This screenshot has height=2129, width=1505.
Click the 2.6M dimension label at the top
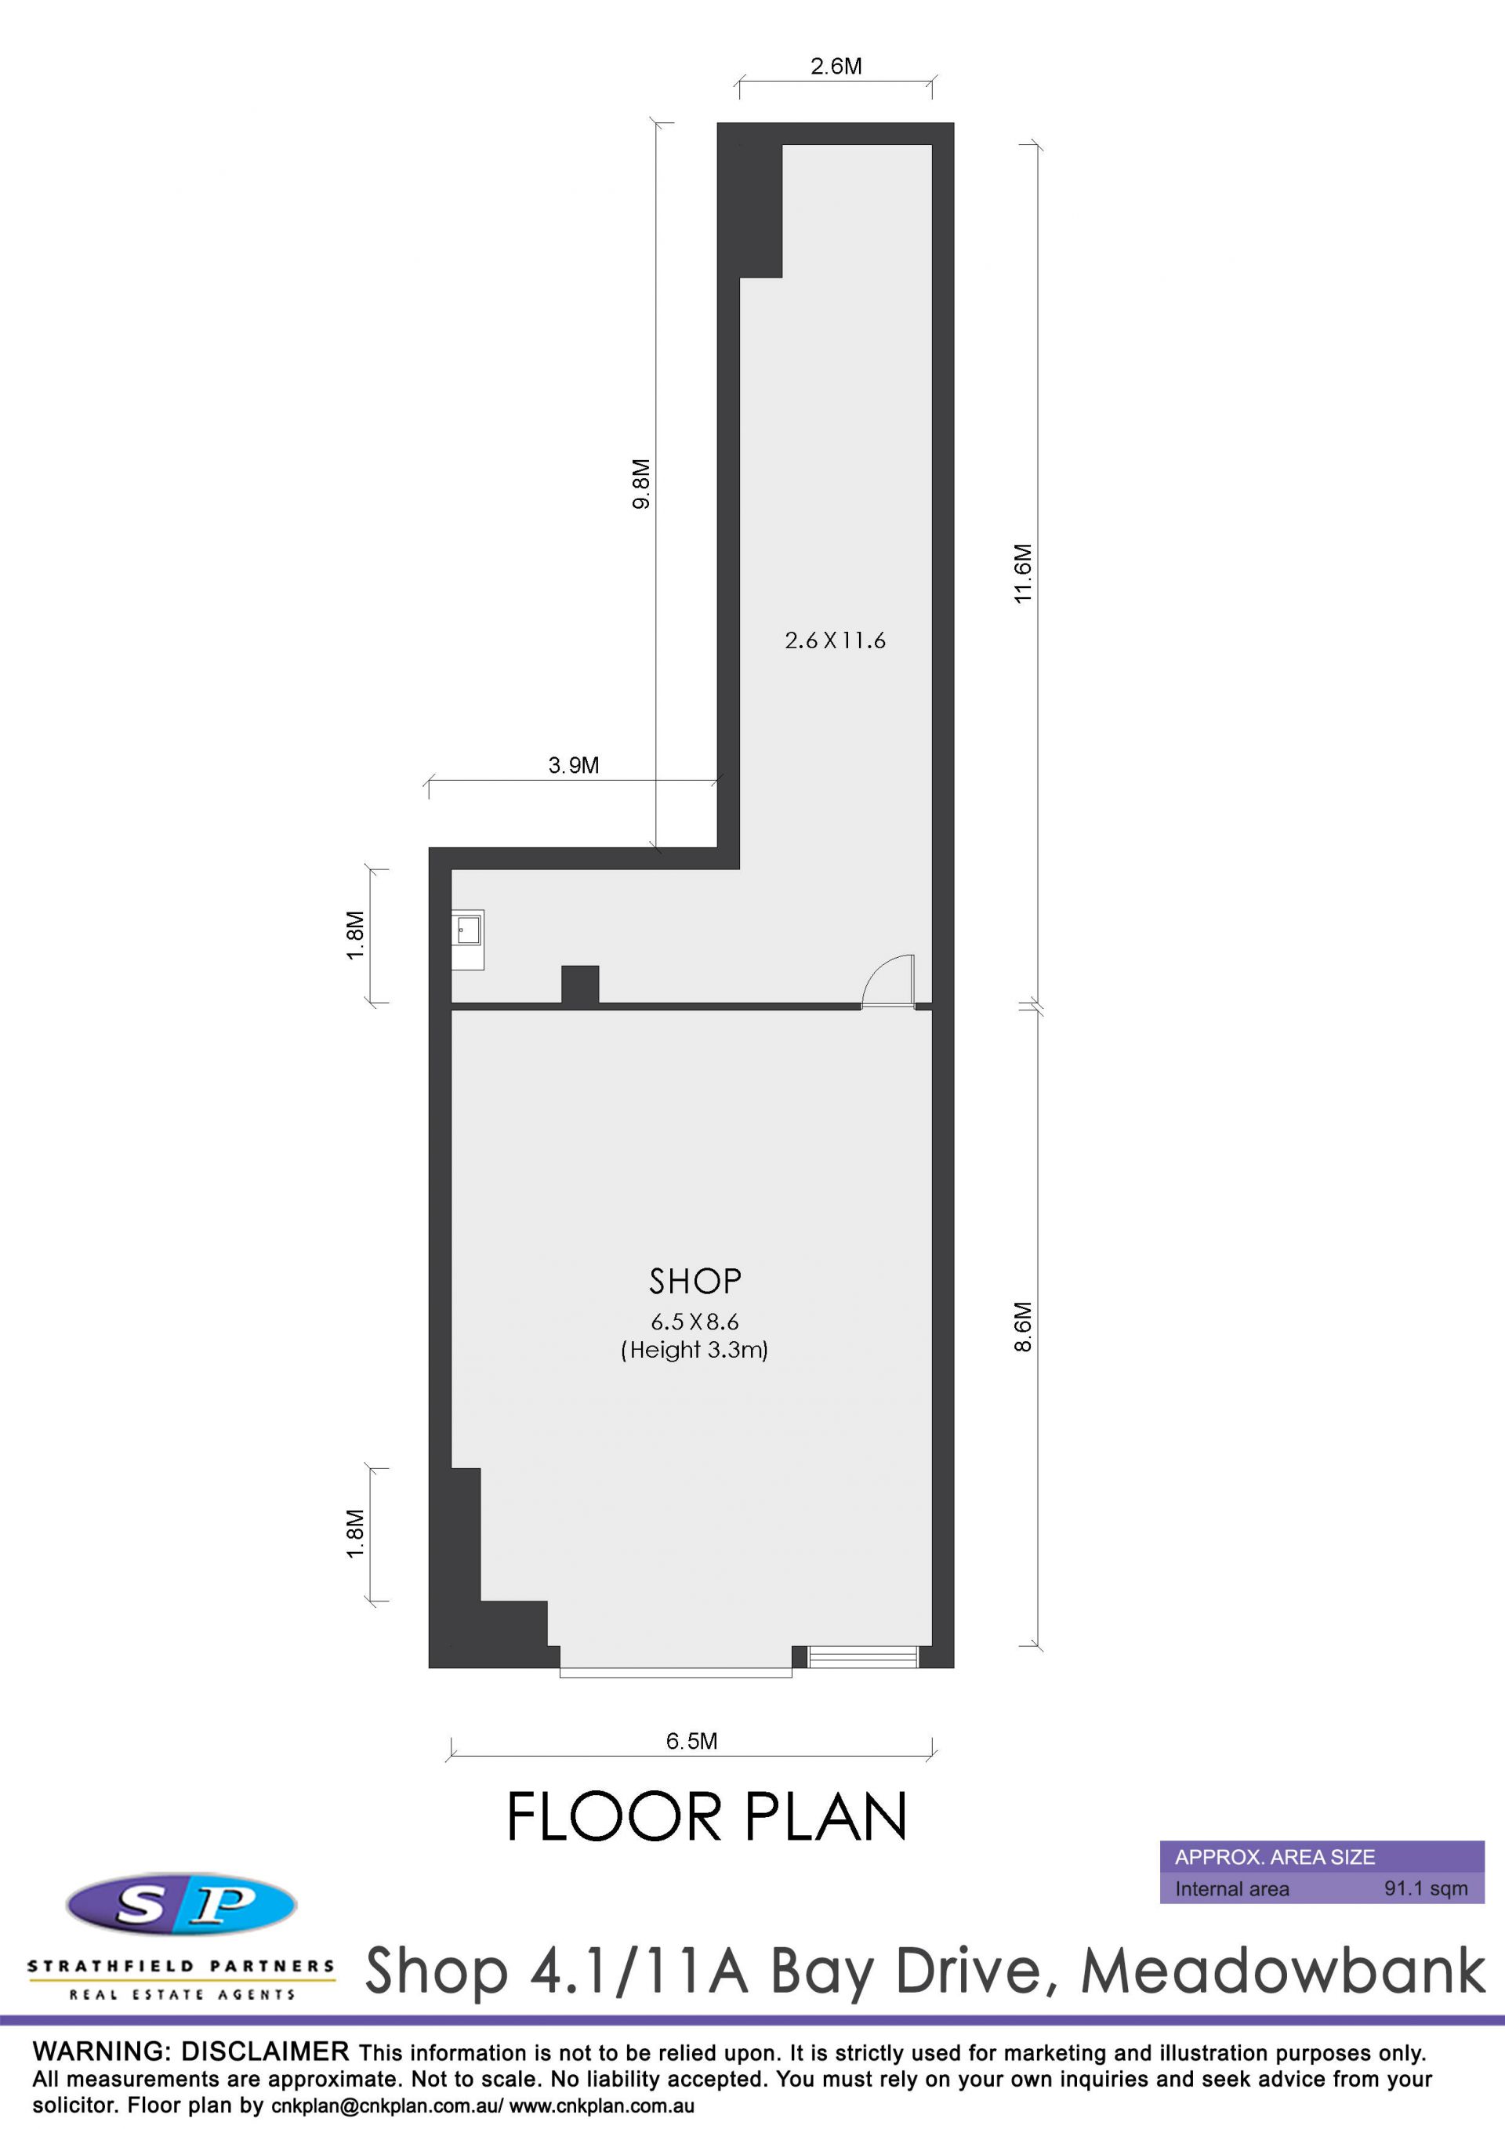[836, 66]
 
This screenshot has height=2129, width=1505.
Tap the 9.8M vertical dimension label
[640, 483]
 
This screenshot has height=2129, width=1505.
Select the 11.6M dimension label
[1022, 573]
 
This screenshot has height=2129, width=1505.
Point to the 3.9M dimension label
[573, 765]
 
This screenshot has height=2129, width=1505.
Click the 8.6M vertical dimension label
[1022, 1327]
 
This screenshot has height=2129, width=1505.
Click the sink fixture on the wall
[467, 939]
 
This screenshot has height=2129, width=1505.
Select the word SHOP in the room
[695, 1281]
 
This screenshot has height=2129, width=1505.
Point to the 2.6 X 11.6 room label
[835, 640]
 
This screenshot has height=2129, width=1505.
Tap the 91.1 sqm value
[1426, 1888]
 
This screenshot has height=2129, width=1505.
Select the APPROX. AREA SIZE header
[1275, 1856]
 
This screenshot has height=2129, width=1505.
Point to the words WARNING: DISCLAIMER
[191, 2051]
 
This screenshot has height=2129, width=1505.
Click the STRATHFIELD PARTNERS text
[181, 1966]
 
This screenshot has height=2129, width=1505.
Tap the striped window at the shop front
[863, 1656]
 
